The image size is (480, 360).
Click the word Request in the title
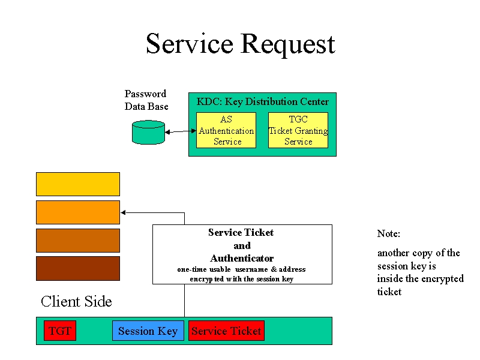(288, 44)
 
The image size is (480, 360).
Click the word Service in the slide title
(190, 43)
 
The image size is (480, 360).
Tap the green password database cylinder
(148, 132)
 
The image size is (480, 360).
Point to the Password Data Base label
(146, 100)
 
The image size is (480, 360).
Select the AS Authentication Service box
(226, 130)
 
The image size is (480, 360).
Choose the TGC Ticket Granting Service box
(298, 130)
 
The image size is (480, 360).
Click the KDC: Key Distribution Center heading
(263, 101)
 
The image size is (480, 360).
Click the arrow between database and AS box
(181, 131)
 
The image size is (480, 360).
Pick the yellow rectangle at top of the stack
(78, 184)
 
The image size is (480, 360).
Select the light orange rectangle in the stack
(78, 212)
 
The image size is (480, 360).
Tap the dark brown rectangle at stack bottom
(78, 268)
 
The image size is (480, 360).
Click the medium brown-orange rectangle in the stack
(78, 241)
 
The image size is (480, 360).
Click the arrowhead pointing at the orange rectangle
(123, 212)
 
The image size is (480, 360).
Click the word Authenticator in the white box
(242, 259)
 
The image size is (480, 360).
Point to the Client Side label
(76, 302)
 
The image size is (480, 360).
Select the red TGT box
(60, 331)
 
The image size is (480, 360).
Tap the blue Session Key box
(148, 331)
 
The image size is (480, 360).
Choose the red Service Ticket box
(227, 331)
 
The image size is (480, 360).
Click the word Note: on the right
(388, 234)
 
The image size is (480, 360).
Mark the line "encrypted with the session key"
(242, 279)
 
